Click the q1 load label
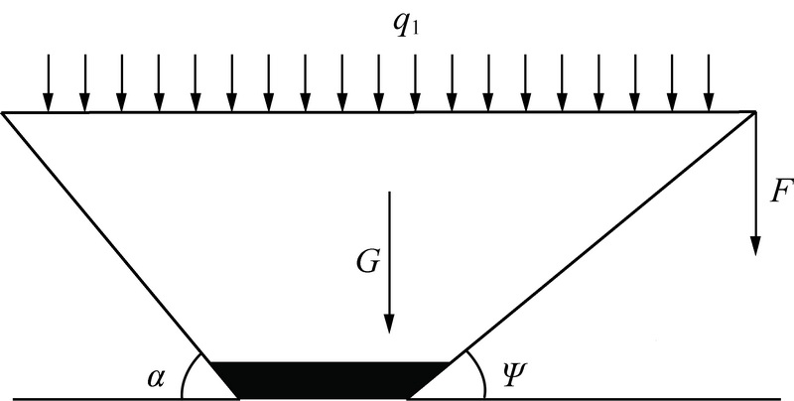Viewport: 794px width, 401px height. click(x=407, y=27)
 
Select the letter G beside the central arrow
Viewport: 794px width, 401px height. click(x=367, y=262)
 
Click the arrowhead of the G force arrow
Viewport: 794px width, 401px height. click(x=389, y=324)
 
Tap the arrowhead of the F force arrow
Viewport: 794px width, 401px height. click(x=755, y=246)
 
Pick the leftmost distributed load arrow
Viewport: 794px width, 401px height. click(x=48, y=82)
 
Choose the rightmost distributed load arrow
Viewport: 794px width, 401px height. click(x=709, y=82)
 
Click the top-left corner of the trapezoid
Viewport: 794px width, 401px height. click(x=4, y=112)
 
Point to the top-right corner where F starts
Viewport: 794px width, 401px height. click(x=755, y=112)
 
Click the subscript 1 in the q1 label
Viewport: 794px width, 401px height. click(x=415, y=30)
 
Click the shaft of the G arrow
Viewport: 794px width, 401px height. click(x=389, y=253)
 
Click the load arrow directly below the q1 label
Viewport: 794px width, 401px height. click(x=415, y=82)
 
